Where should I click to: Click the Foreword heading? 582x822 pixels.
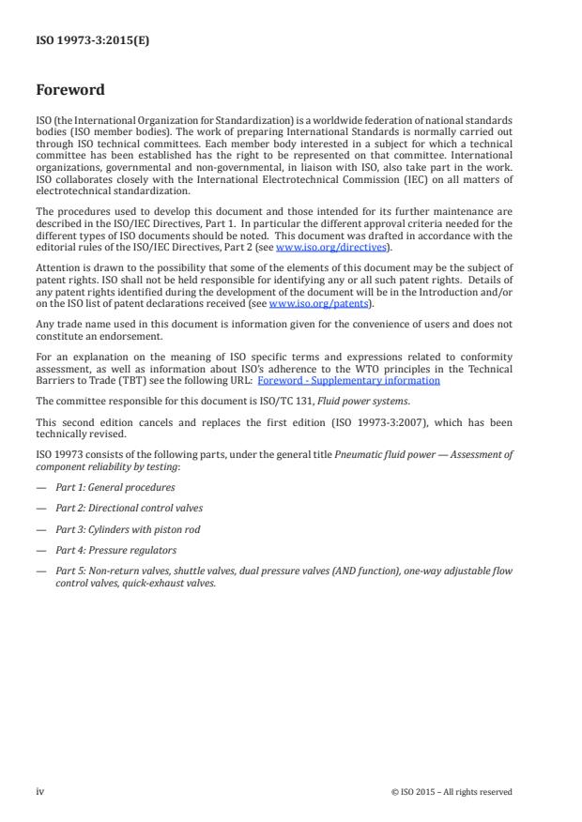pyautogui.click(x=69, y=91)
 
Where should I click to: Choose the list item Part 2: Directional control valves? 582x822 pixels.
pyautogui.click(x=129, y=508)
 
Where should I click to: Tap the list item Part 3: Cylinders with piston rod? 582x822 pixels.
pyautogui.click(x=126, y=529)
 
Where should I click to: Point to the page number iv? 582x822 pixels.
pyautogui.click(x=39, y=791)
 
